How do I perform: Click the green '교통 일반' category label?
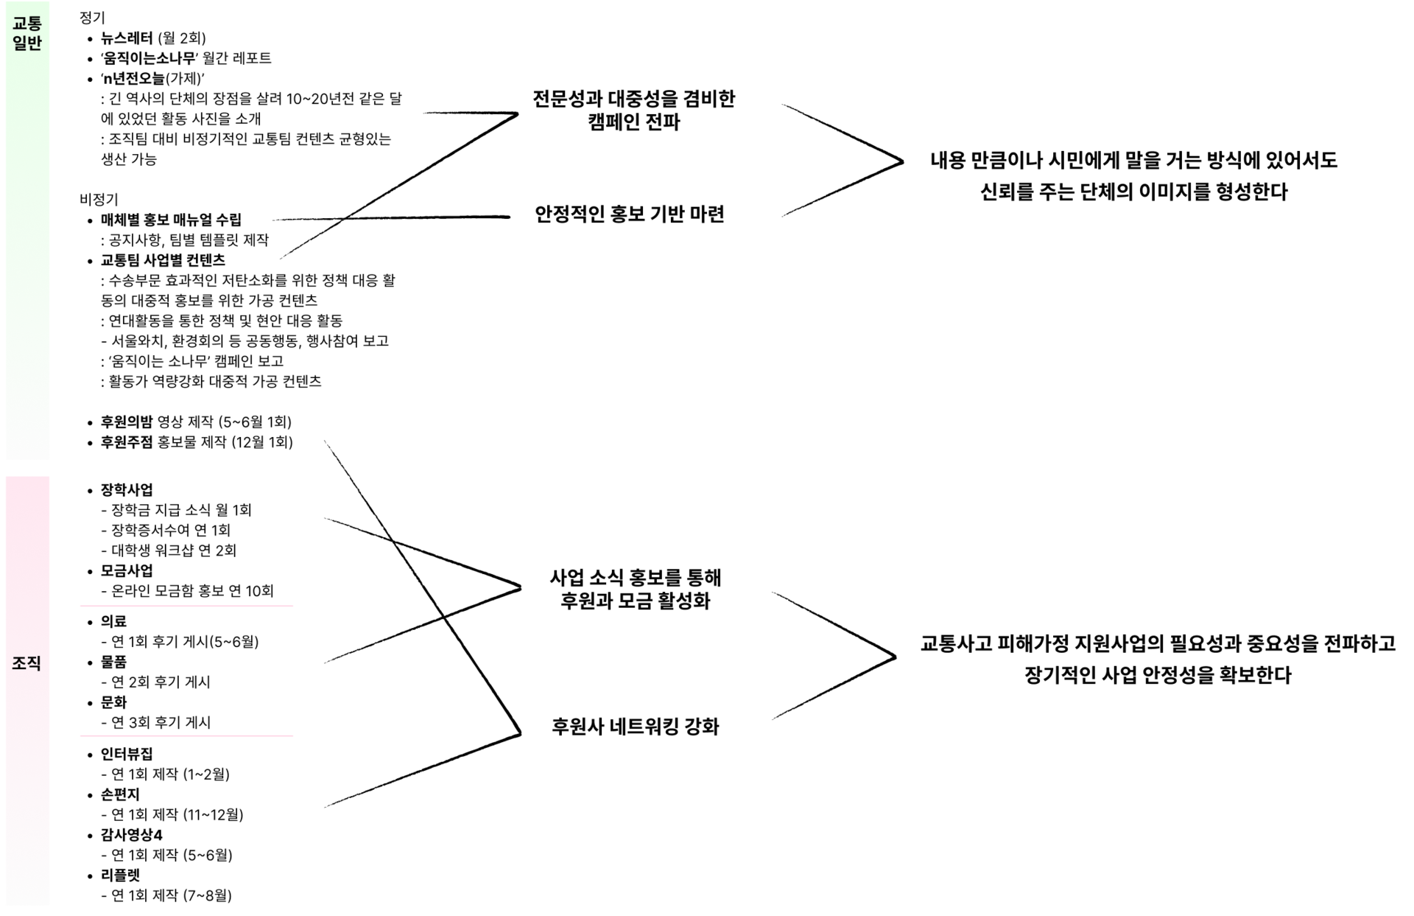click(x=27, y=33)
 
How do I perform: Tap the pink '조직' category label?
click(x=27, y=663)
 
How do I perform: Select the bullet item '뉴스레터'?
click(x=127, y=38)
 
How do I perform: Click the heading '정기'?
click(x=92, y=18)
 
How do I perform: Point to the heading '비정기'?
click(x=99, y=199)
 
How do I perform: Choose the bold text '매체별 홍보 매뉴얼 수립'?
click(x=171, y=220)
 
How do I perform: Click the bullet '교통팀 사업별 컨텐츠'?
click(x=163, y=260)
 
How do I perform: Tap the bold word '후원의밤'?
click(x=127, y=422)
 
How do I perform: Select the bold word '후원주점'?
click(x=127, y=442)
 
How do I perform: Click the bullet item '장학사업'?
click(x=127, y=490)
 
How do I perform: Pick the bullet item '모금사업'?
click(x=127, y=571)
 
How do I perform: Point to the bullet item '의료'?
click(x=113, y=622)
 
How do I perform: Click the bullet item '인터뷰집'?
click(x=127, y=754)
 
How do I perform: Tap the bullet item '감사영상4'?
click(x=131, y=835)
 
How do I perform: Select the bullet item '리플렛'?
click(x=120, y=875)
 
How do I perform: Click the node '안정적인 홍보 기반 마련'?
click(x=630, y=214)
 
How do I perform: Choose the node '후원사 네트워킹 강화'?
click(x=635, y=727)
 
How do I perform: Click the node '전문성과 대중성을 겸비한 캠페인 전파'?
click(x=633, y=111)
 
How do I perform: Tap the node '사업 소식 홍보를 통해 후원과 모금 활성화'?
click(x=635, y=589)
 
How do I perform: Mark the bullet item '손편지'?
click(x=120, y=794)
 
